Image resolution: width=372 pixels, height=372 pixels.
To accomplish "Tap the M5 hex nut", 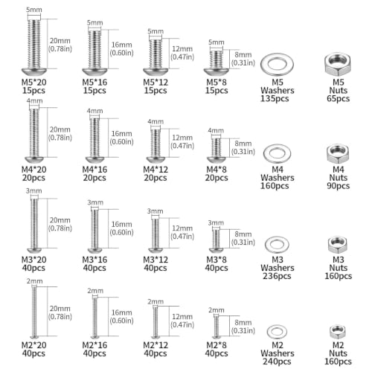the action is click(x=338, y=64).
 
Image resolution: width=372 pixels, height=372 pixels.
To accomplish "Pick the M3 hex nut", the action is click(x=337, y=245).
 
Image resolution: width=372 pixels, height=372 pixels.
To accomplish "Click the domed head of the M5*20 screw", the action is click(x=34, y=71).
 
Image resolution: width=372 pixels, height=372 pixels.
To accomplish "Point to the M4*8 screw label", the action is click(x=217, y=170).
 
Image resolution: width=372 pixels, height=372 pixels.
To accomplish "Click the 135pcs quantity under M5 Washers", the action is click(x=275, y=99).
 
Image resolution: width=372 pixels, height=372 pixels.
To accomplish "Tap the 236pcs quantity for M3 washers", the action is click(x=277, y=276).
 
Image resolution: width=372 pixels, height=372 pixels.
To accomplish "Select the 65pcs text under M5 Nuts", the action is click(x=338, y=98).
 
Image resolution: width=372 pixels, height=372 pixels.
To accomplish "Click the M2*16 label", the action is click(x=94, y=345).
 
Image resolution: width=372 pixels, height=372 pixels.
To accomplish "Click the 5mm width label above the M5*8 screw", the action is click(x=217, y=42).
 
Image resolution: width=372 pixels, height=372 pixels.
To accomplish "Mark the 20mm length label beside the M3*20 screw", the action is click(x=60, y=220).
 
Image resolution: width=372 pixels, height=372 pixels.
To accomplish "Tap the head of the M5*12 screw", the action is click(x=155, y=71).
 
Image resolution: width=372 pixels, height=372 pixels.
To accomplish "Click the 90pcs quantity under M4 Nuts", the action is click(x=338, y=186).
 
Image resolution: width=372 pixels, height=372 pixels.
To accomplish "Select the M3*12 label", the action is click(x=155, y=260).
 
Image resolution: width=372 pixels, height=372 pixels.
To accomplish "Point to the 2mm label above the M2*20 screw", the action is click(x=34, y=281).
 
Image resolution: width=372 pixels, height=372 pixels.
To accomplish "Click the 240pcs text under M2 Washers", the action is click(x=277, y=362).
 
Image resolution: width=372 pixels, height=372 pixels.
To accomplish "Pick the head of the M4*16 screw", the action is click(x=95, y=159).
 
